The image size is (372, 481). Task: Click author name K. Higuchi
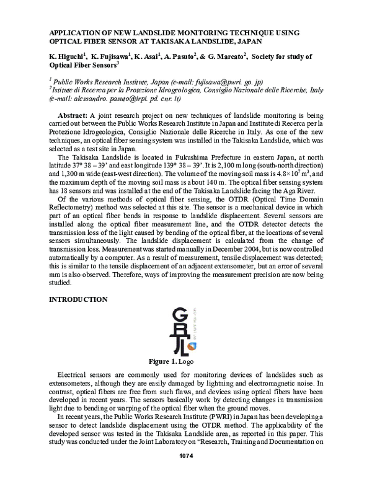pos(66,56)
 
